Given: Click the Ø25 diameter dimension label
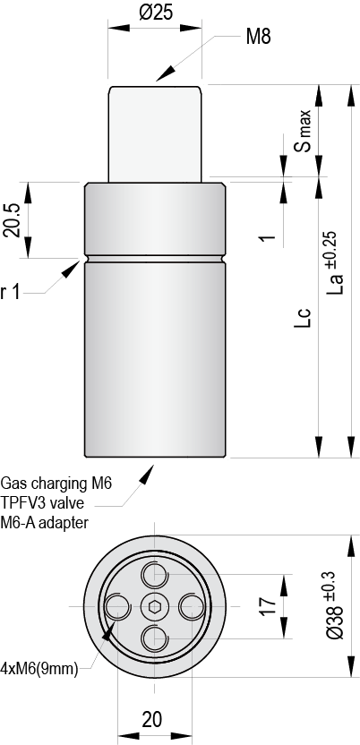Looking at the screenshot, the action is point(155,13).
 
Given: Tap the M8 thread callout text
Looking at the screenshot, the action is point(259,37).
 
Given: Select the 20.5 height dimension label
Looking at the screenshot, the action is point(11,220).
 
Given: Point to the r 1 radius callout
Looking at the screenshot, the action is point(11,293).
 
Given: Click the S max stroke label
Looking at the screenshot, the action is point(303,131).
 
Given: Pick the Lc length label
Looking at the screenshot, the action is point(303,317).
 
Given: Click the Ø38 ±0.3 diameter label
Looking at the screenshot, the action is point(335,606).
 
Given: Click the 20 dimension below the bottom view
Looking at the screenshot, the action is point(152,720).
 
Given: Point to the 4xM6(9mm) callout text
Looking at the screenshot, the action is point(39,670).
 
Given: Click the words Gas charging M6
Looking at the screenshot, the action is point(56,484).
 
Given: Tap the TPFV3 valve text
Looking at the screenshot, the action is point(42,502).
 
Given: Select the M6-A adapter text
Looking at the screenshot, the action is point(45,523).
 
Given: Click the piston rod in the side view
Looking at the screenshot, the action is point(155,134).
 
